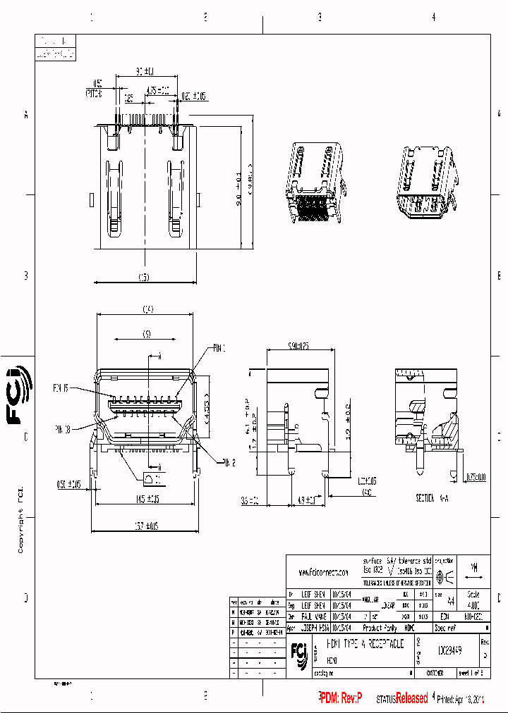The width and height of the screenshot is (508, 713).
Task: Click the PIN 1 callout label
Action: click(219, 348)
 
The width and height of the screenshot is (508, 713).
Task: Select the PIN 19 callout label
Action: click(60, 387)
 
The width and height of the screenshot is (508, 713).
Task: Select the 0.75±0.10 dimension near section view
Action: click(476, 477)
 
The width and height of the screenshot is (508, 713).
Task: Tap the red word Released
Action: click(411, 698)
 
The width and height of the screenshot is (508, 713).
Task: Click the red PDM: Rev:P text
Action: click(341, 698)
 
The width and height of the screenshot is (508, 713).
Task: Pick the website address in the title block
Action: click(323, 573)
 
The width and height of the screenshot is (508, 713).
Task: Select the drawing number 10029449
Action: click(449, 645)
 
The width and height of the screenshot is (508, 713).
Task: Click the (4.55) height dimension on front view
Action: click(206, 402)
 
